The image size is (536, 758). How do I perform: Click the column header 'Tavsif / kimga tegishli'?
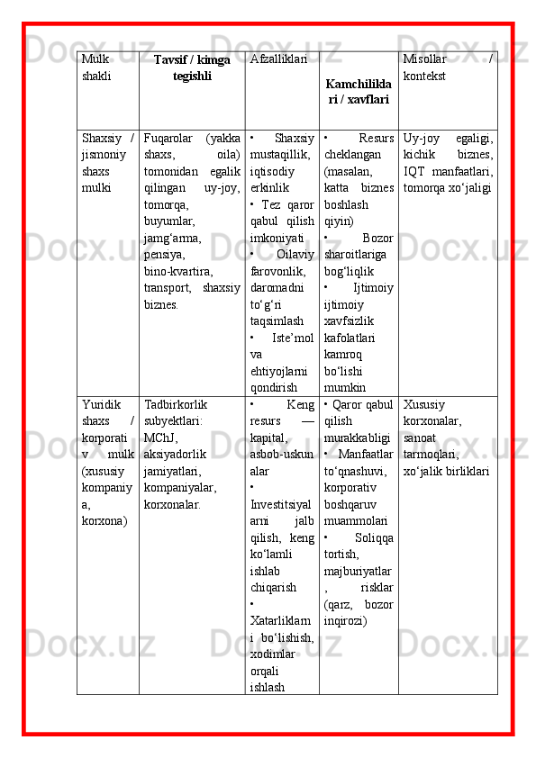pyautogui.click(x=191, y=68)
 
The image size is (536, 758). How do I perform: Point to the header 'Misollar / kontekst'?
pyautogui.click(x=448, y=68)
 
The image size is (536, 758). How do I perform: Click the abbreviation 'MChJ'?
pyautogui.click(x=159, y=438)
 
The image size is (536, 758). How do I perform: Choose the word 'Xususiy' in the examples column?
pyautogui.click(x=423, y=405)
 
